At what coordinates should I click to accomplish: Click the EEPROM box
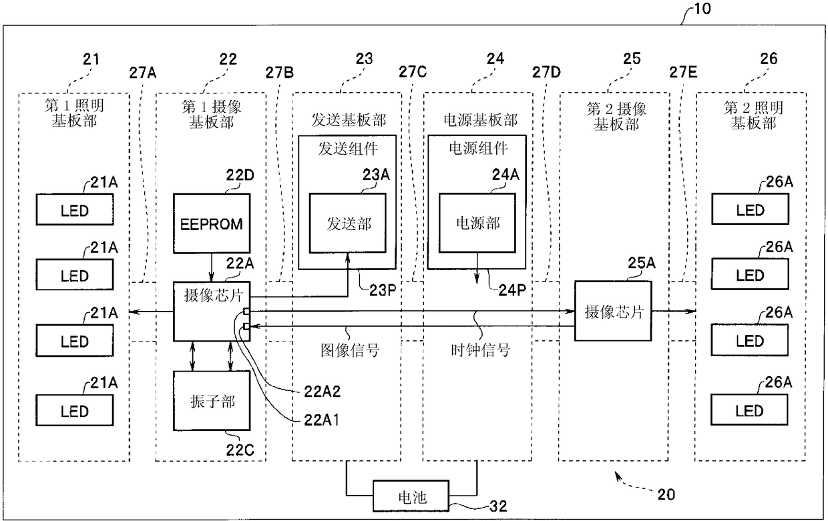212,223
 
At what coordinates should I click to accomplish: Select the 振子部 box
212,401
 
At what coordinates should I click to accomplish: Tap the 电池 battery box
411,496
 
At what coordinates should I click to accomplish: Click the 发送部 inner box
347,223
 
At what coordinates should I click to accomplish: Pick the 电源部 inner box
477,223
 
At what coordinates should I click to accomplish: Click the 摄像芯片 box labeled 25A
613,311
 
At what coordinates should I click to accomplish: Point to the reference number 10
702,9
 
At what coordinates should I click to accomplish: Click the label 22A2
322,392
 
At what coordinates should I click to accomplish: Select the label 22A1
321,420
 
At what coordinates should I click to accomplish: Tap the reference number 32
498,506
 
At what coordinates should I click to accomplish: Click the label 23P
383,291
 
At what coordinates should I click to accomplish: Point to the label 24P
512,291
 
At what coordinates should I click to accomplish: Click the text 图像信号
350,350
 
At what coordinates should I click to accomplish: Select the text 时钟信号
480,350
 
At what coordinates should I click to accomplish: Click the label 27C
413,72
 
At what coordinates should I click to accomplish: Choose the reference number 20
666,495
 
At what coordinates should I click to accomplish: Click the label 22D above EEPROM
240,175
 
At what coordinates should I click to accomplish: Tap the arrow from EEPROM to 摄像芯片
212,268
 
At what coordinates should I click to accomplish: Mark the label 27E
683,72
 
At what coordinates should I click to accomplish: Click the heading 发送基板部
349,120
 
